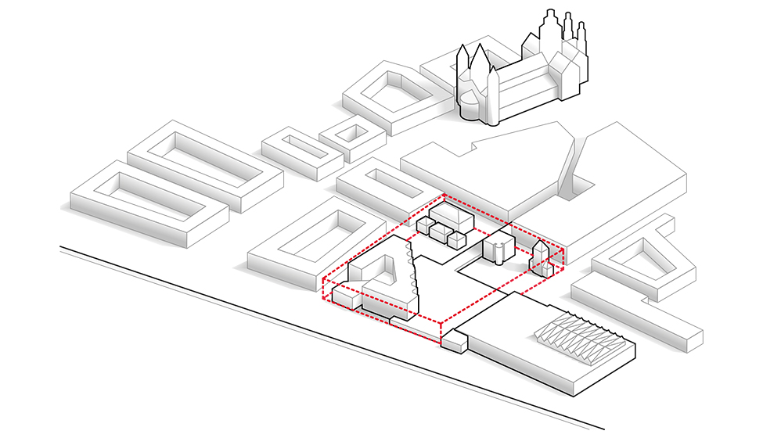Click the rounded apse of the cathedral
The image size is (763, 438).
coord(470,106)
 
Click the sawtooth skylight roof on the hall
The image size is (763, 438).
coord(579,336)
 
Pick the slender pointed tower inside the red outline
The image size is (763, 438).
coord(538,254)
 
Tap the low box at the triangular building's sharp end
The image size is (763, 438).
coord(344,296)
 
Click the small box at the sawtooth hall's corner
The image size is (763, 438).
coord(453,342)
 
